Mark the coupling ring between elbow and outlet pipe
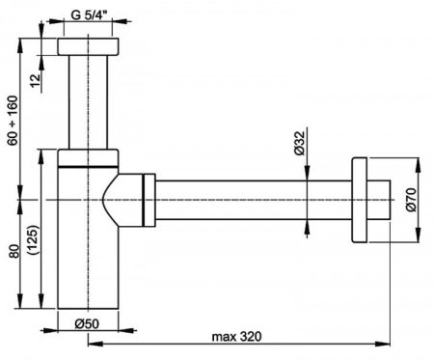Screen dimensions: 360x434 pos(148,200)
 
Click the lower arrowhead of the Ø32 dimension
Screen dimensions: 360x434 pos(308,225)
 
